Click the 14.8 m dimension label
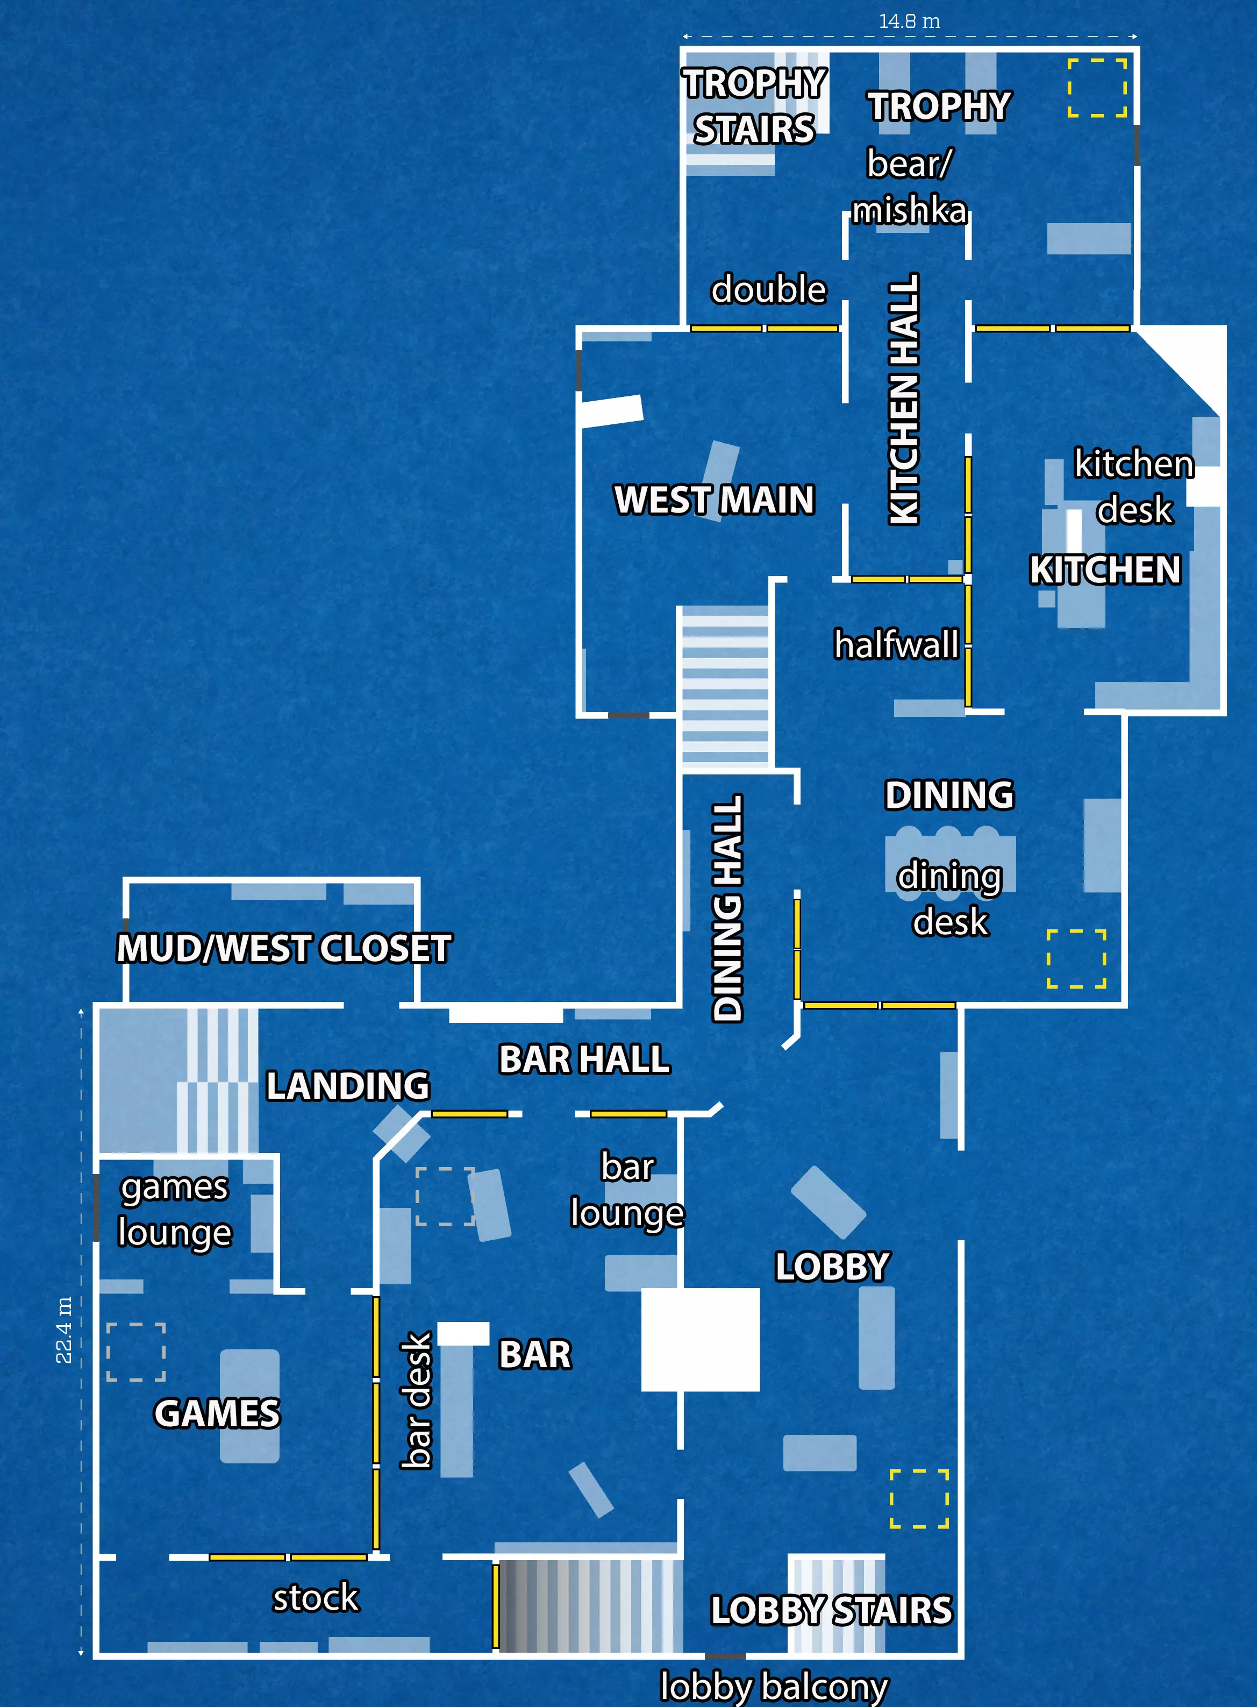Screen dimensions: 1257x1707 point(909,22)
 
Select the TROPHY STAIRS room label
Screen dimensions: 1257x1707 point(754,106)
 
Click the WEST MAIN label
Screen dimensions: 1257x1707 point(714,500)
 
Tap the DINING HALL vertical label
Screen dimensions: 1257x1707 point(727,907)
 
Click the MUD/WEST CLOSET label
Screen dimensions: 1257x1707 point(284,948)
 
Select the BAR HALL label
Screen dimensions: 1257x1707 point(584,1058)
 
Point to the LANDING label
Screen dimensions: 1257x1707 point(348,1085)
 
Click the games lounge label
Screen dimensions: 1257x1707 point(174,1210)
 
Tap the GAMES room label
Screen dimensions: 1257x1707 point(217,1413)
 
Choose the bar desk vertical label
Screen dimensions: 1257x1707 point(416,1399)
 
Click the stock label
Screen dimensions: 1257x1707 point(316,1597)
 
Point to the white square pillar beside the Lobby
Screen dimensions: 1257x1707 point(700,1340)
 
